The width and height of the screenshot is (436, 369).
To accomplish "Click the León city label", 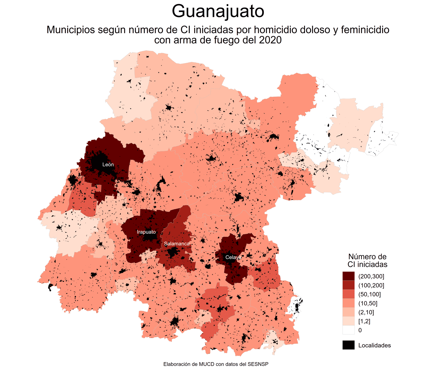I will coord(108,165).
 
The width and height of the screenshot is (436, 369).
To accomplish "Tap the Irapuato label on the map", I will coord(146,232).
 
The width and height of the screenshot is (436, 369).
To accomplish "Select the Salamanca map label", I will coord(177,244).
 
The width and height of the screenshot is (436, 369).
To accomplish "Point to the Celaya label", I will coord(233,257).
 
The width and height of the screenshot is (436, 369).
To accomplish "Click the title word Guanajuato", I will coord(218,11).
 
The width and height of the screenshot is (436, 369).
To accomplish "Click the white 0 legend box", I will coord(349,330).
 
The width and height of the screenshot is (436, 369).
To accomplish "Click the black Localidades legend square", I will coord(349,345).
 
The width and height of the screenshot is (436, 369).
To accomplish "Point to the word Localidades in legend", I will coord(374,345).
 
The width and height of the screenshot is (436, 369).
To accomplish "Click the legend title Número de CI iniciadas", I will coord(367,260).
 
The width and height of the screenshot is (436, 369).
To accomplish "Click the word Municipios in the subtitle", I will coord(71,30).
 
